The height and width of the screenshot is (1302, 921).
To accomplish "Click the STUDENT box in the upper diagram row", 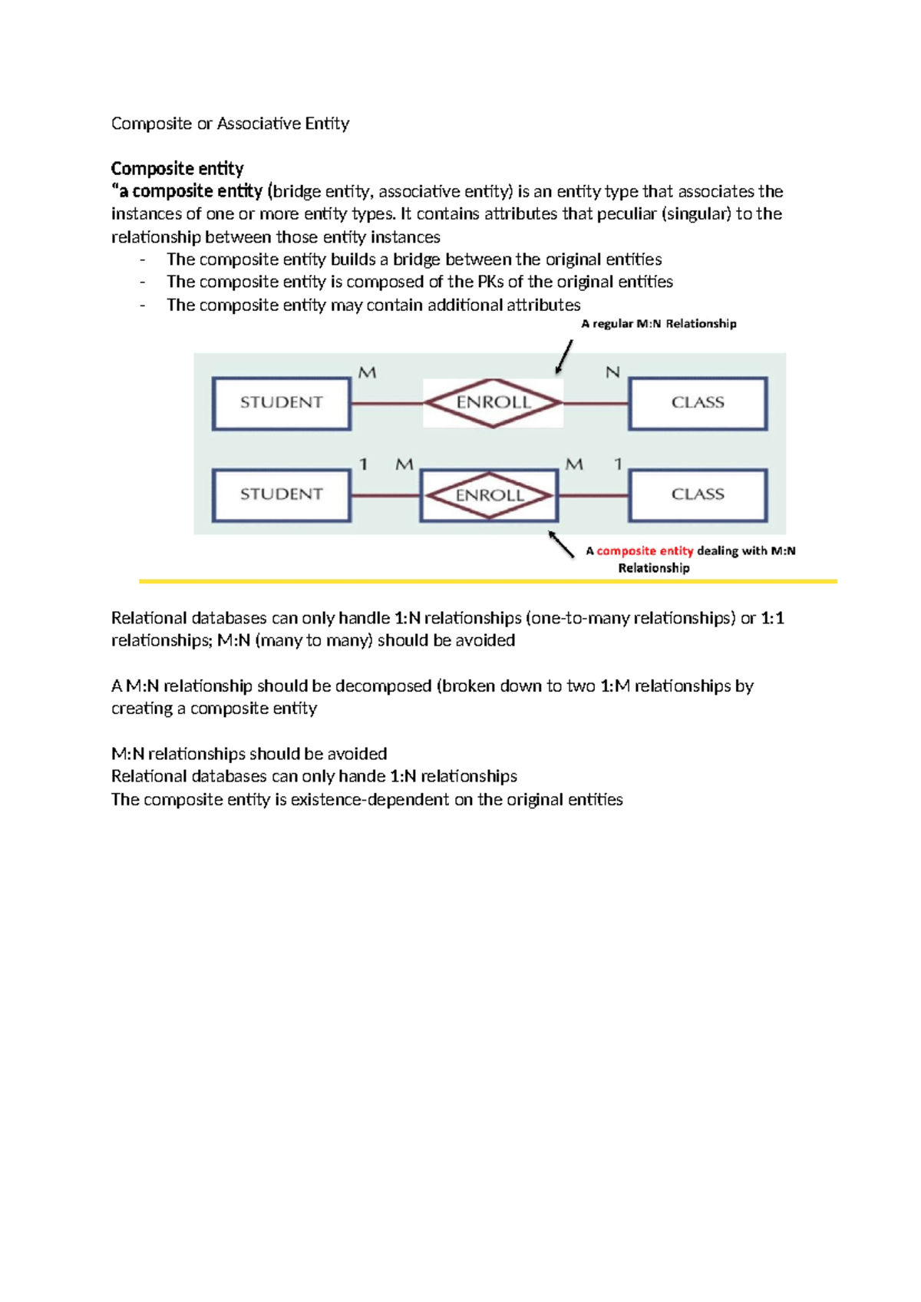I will coord(282,403).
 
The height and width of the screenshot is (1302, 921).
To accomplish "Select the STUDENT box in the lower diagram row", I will coord(282,495).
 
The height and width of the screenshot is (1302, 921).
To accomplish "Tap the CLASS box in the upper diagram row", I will coord(698,403).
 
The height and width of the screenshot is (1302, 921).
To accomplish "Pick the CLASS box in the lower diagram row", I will coord(698,495).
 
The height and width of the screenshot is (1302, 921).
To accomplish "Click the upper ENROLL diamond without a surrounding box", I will coord(493,403).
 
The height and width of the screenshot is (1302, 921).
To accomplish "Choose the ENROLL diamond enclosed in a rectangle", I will coord(490,496).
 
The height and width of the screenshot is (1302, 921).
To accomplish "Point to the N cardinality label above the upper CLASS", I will coord(612,373).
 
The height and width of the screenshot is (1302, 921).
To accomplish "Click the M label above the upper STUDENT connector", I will coord(368,373).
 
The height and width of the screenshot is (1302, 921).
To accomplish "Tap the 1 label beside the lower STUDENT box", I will coord(364,464).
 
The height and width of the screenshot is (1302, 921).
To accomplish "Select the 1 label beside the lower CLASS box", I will coord(618,464).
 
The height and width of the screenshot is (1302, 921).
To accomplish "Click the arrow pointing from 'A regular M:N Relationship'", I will coord(564,357).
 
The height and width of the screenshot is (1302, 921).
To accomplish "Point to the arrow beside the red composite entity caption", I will coord(561,544).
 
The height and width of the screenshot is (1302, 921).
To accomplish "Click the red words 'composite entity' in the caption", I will coord(645,551).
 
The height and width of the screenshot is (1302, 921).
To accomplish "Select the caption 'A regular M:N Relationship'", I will coord(659,324).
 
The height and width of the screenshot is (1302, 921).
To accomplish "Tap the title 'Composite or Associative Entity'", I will coord(230,124).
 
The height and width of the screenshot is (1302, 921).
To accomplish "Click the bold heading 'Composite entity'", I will coord(177,169).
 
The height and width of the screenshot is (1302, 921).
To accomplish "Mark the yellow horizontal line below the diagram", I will coord(488,582).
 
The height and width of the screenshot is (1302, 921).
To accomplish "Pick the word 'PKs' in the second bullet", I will coord(490,283).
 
